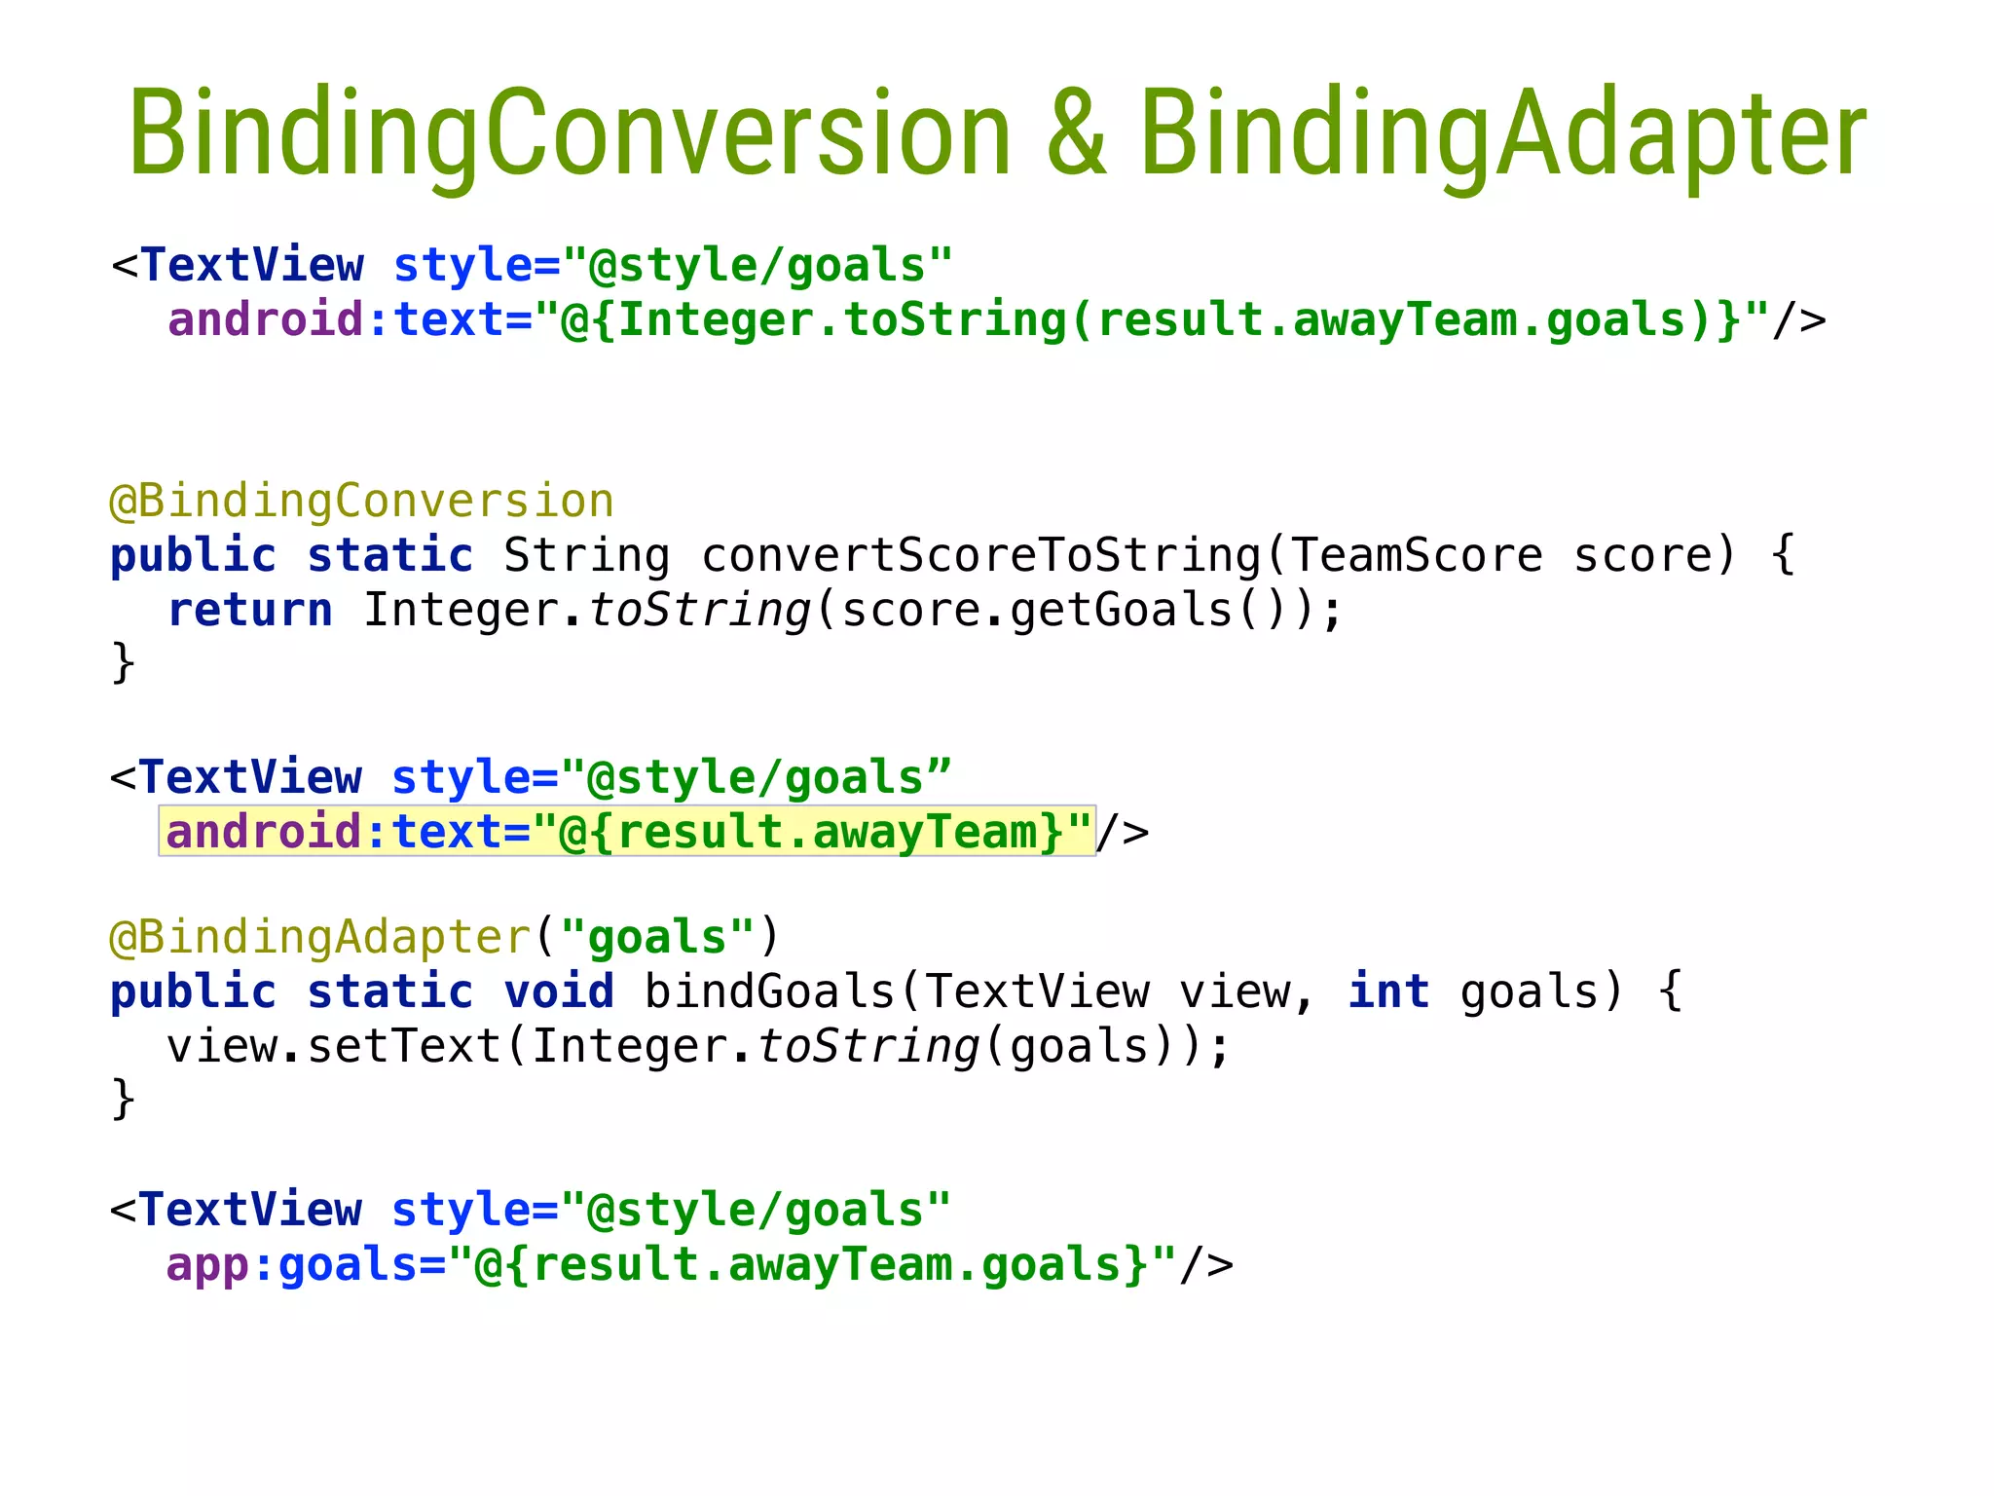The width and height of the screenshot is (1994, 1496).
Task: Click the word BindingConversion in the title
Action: point(570,134)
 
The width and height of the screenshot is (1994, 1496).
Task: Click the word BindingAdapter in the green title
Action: point(1502,134)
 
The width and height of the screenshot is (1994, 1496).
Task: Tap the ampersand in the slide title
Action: point(1077,134)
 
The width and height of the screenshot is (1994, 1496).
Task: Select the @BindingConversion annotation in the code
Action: point(361,502)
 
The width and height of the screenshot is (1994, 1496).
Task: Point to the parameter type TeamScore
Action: point(1417,556)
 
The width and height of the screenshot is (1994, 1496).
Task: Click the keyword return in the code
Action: point(250,611)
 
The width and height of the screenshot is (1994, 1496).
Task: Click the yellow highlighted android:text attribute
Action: point(627,832)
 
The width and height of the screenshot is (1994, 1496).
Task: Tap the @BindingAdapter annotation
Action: point(319,937)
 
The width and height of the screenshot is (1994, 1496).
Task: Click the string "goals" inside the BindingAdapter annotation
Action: point(657,937)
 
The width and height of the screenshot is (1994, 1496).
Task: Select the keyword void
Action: point(559,991)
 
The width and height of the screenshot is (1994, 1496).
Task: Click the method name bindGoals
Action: point(769,991)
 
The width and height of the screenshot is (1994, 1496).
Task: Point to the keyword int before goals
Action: point(1388,991)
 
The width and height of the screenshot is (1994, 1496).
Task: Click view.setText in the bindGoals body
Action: point(333,1047)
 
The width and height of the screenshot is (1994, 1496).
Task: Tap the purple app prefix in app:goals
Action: point(207,1264)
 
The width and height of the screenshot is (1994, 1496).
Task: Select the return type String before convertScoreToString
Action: point(587,556)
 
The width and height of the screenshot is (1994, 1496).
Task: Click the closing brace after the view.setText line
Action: point(123,1099)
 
